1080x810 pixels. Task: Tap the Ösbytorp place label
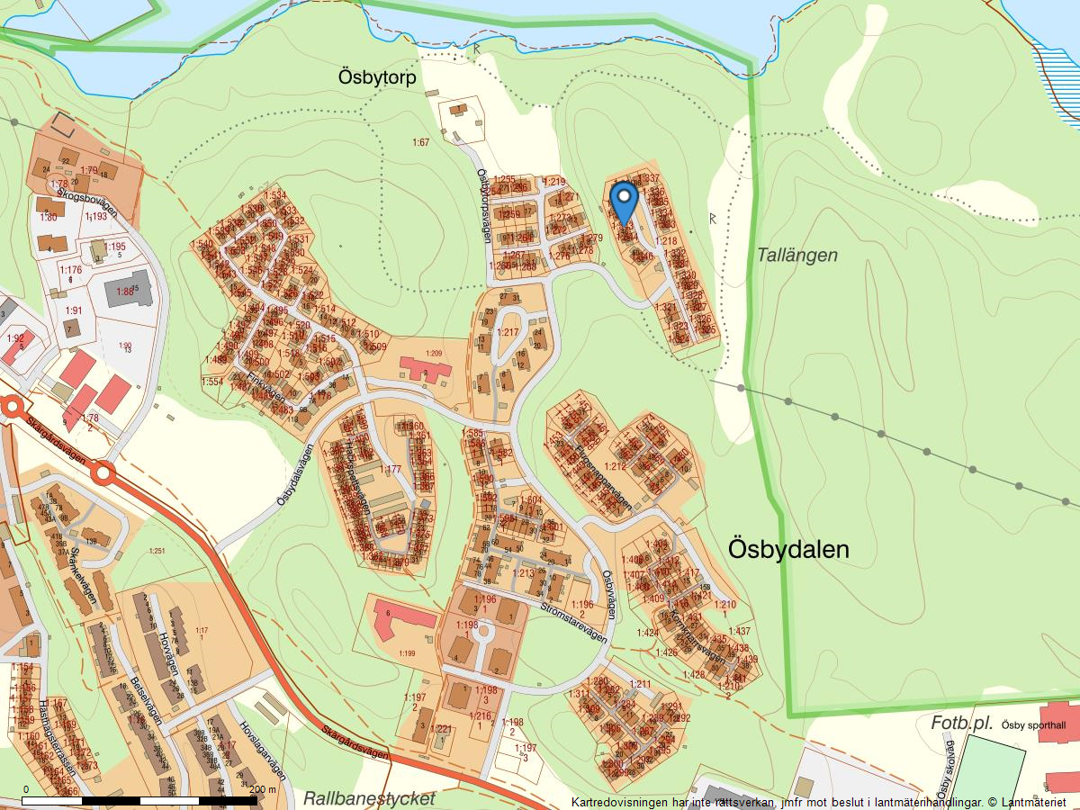coord(377,77)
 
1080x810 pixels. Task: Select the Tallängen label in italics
coord(796,256)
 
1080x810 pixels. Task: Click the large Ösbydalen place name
coord(788,549)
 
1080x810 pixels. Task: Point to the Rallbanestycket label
coord(369,798)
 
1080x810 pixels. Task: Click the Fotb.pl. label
coord(962,724)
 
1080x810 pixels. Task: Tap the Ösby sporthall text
coord(1033,726)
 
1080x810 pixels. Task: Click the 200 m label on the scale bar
coord(263,789)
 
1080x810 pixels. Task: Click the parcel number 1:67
coord(420,142)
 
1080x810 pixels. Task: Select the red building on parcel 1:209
coord(426,368)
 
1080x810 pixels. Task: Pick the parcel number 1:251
coord(157,551)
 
